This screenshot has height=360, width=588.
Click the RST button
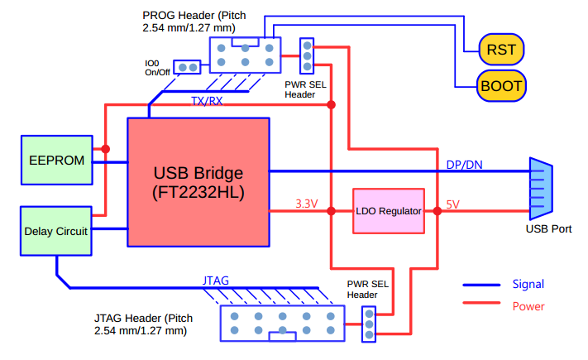pos(501,49)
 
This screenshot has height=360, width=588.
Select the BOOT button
pos(501,85)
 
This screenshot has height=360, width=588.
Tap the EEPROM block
pos(56,160)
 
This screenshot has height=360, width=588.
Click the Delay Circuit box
pos(56,231)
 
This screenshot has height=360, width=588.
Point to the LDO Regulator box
pos(389,211)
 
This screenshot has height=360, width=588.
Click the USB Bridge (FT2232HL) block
pos(198,182)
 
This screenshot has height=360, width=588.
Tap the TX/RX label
pos(207,101)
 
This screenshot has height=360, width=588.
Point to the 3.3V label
pos(307,203)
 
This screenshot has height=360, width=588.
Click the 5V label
pos(454,203)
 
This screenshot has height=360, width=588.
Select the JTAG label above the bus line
pos(217,280)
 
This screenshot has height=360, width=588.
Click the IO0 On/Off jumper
pos(187,67)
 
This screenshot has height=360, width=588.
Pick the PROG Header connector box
pos(245,55)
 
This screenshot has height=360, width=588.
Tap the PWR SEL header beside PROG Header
pos(307,55)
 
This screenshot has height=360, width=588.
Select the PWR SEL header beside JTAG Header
pos(369,323)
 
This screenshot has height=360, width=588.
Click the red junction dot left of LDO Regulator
pos(332,211)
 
